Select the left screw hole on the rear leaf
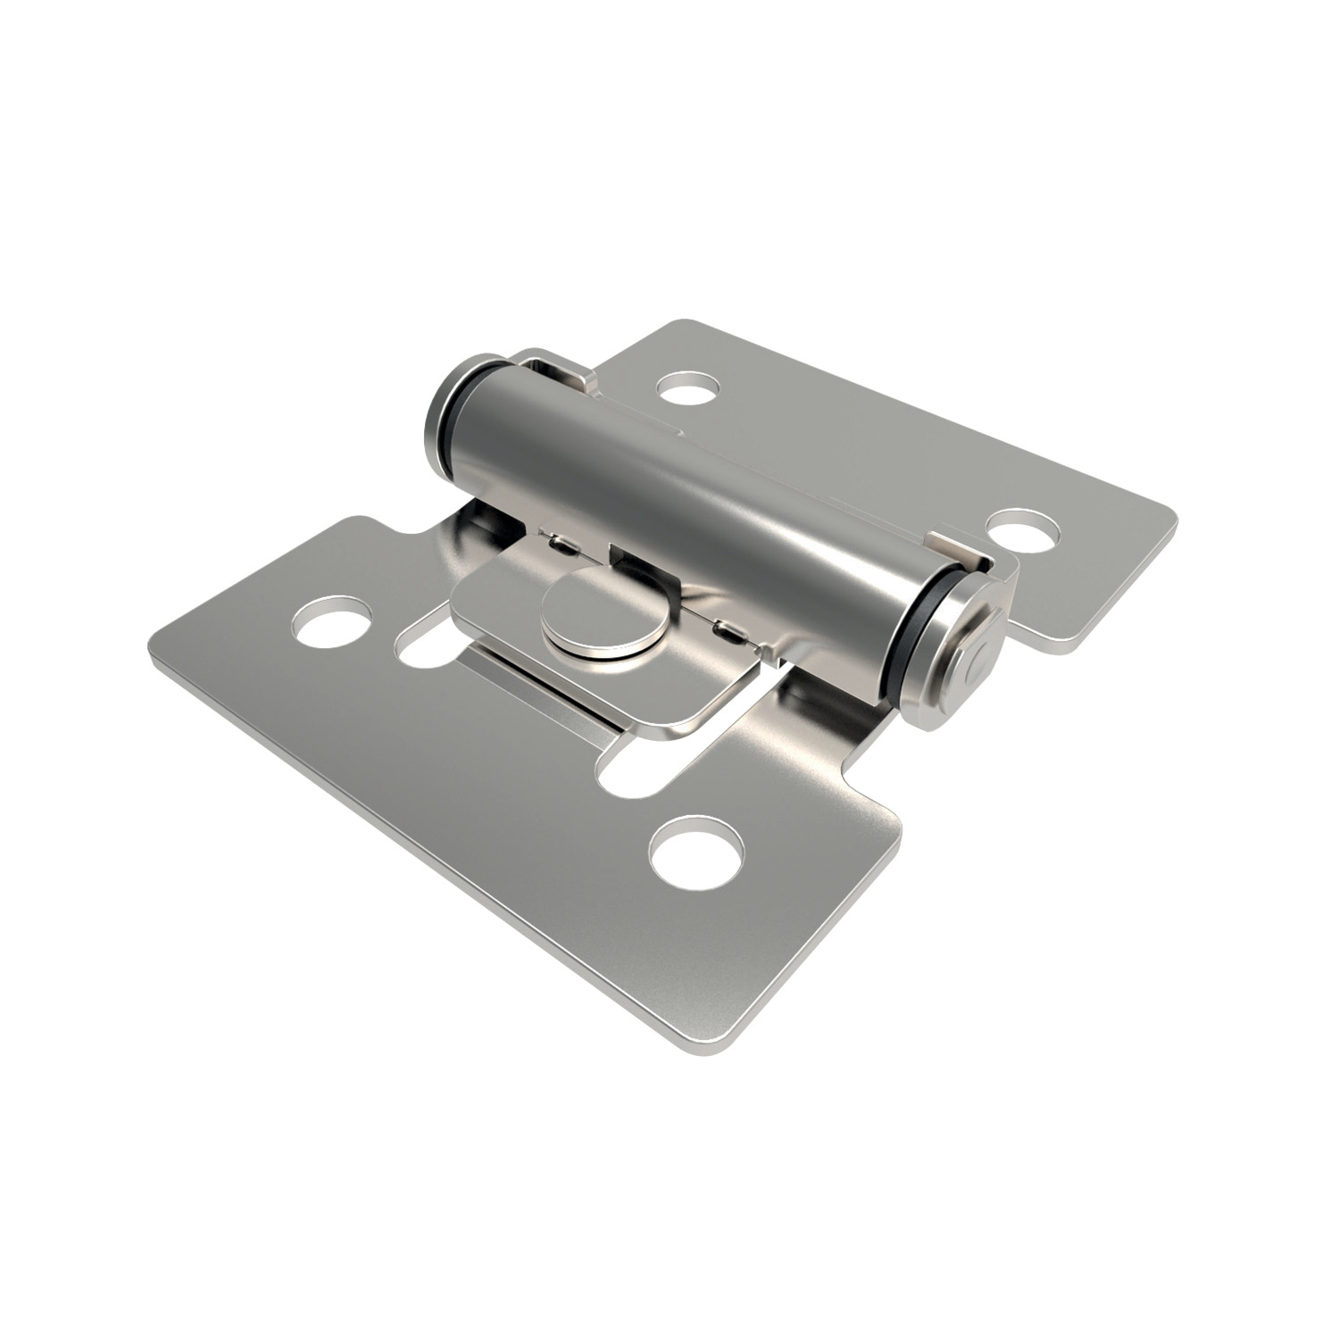tap(687, 388)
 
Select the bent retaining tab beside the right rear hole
tap(955, 546)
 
